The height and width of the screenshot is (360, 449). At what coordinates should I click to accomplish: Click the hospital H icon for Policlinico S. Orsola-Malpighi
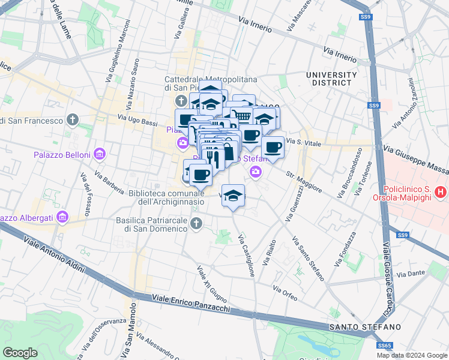pyautogui.click(x=441, y=193)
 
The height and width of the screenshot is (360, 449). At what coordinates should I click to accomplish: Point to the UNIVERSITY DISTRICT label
pyautogui.click(x=331, y=78)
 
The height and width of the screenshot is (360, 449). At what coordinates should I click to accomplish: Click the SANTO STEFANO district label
pyautogui.click(x=364, y=326)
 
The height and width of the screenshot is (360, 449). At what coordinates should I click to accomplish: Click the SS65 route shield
pyautogui.click(x=384, y=346)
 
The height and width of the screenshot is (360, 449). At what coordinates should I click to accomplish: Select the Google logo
pyautogui.click(x=20, y=352)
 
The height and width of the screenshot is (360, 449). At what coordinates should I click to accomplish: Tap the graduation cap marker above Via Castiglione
pyautogui.click(x=234, y=195)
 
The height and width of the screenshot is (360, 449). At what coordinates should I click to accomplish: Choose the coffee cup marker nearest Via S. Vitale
pyautogui.click(x=273, y=147)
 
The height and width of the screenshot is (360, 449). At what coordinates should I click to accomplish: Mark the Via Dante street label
pyautogui.click(x=411, y=274)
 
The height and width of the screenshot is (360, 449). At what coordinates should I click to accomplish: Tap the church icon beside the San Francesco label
pyautogui.click(x=73, y=121)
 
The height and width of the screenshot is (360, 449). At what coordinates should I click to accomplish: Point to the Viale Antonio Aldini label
pyautogui.click(x=54, y=254)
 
